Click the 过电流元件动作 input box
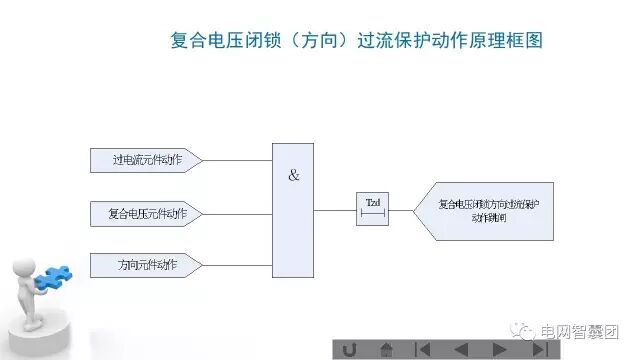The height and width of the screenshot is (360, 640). click(144, 159)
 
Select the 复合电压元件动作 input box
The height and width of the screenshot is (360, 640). click(144, 213)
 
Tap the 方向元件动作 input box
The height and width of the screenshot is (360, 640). click(144, 265)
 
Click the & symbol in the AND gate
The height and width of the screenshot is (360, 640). click(293, 176)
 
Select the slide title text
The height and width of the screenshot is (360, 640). click(357, 42)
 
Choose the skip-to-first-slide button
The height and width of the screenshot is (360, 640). click(423, 349)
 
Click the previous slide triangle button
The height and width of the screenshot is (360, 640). click(461, 349)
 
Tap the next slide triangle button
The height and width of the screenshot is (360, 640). click(499, 349)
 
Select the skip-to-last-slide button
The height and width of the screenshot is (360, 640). click(538, 349)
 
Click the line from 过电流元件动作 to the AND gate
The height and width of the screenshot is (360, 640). click(237, 159)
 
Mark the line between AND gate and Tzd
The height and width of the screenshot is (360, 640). click(336, 210)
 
